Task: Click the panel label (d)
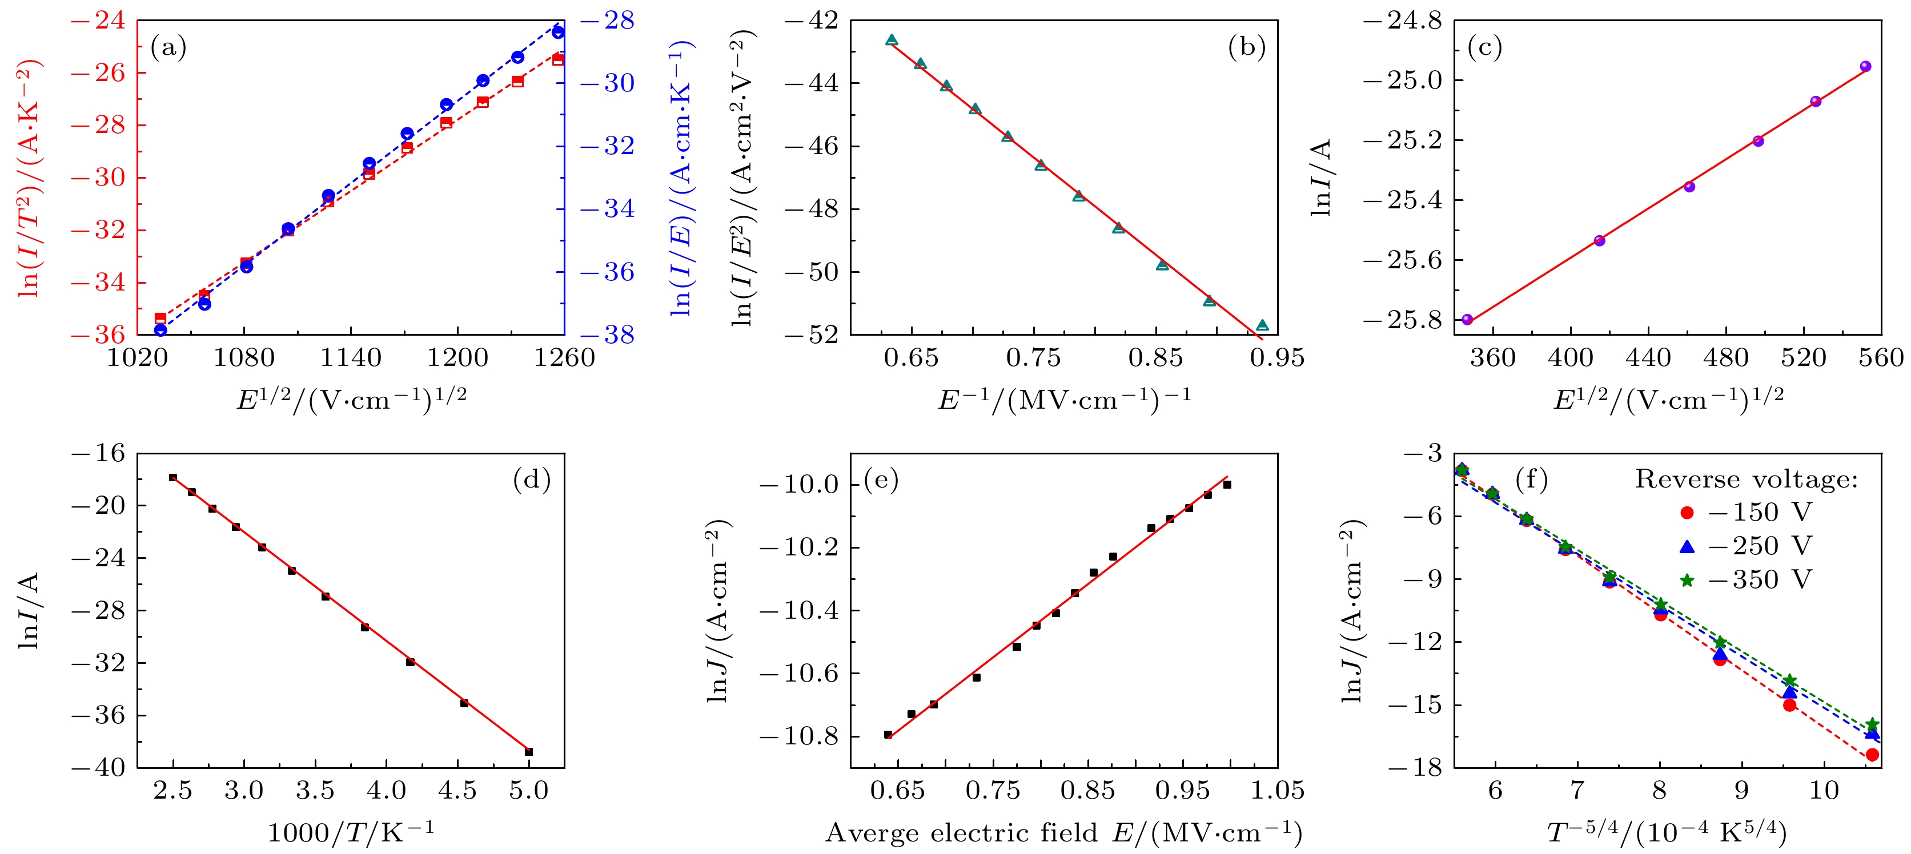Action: click(531, 481)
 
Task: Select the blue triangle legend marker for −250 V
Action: click(1687, 546)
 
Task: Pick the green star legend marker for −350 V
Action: click(1687, 580)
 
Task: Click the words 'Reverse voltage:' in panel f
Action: click(1747, 480)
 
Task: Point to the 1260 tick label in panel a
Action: click(564, 358)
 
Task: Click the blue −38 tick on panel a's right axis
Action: click(608, 335)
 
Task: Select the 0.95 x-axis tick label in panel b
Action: click(1276, 358)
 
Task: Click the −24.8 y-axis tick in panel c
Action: click(1402, 21)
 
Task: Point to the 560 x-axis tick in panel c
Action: click(1881, 358)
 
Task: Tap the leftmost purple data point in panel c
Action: click(1467, 320)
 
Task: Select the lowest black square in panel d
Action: click(529, 752)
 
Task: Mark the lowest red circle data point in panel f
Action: click(1872, 755)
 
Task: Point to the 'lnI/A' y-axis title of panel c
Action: click(1321, 178)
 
